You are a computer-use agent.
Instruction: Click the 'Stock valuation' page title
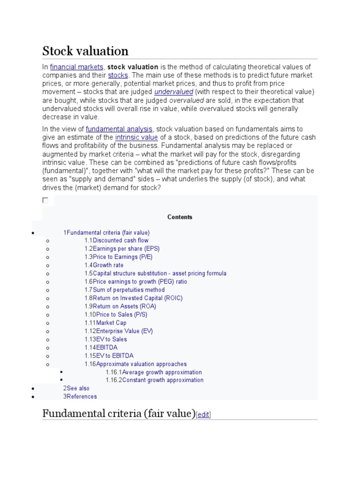point(85,51)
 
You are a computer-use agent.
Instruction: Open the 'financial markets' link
point(76,67)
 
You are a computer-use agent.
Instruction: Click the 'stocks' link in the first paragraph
point(118,75)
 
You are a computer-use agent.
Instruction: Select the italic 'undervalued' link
point(173,92)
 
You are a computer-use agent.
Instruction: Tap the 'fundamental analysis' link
point(119,129)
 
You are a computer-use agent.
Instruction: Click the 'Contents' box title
point(180,217)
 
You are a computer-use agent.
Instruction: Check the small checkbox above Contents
point(45,200)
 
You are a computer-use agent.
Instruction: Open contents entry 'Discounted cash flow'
point(120,240)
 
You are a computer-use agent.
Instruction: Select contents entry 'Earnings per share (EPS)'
point(126,249)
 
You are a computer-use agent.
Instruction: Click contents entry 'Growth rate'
point(108,265)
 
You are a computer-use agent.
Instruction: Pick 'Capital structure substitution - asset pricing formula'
point(159,273)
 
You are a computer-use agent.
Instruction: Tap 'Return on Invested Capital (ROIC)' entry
point(137,298)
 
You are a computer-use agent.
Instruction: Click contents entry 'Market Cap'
point(111,323)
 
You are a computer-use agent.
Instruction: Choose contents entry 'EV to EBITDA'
point(114,356)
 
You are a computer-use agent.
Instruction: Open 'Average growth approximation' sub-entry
point(162,372)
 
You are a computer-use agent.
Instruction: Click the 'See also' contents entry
point(78,388)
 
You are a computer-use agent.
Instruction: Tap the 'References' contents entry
point(82,397)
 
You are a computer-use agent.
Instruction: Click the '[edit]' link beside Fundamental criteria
point(203,414)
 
